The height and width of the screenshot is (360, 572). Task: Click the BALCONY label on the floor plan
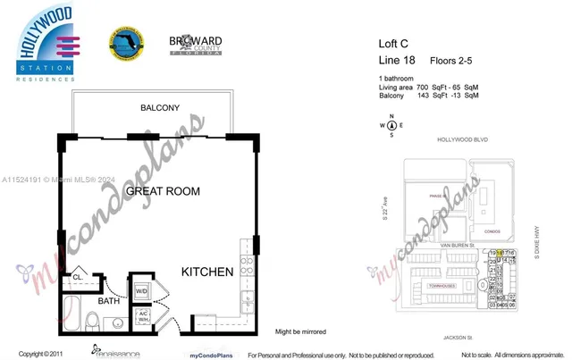pos(159,108)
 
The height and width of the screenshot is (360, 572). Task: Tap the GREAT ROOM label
pos(161,191)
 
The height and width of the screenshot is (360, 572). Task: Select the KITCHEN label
pos(207,272)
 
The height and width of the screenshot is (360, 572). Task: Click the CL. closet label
pos(78,276)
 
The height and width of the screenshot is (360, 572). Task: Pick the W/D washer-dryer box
pos(141,290)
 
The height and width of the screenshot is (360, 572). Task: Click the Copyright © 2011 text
pos(42,354)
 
